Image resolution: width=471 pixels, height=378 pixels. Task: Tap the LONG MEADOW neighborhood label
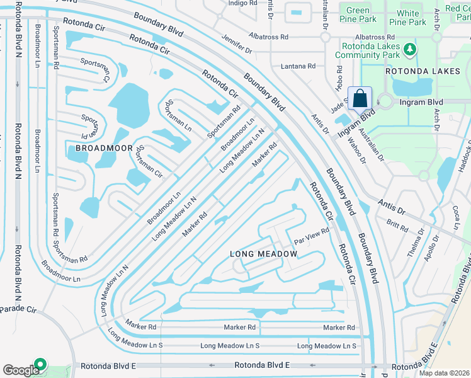pos(263,253)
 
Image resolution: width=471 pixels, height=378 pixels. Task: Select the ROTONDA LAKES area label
pos(423,72)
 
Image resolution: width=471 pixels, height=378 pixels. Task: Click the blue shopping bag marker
pos(360,99)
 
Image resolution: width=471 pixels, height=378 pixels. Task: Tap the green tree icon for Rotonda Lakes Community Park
pos(410,49)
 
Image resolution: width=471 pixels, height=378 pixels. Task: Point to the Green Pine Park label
pos(358,15)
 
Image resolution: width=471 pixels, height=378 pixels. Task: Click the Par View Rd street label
pos(312,237)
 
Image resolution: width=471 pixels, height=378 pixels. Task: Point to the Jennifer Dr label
pos(237,44)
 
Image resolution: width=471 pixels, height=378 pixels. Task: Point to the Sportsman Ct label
pos(95,69)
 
